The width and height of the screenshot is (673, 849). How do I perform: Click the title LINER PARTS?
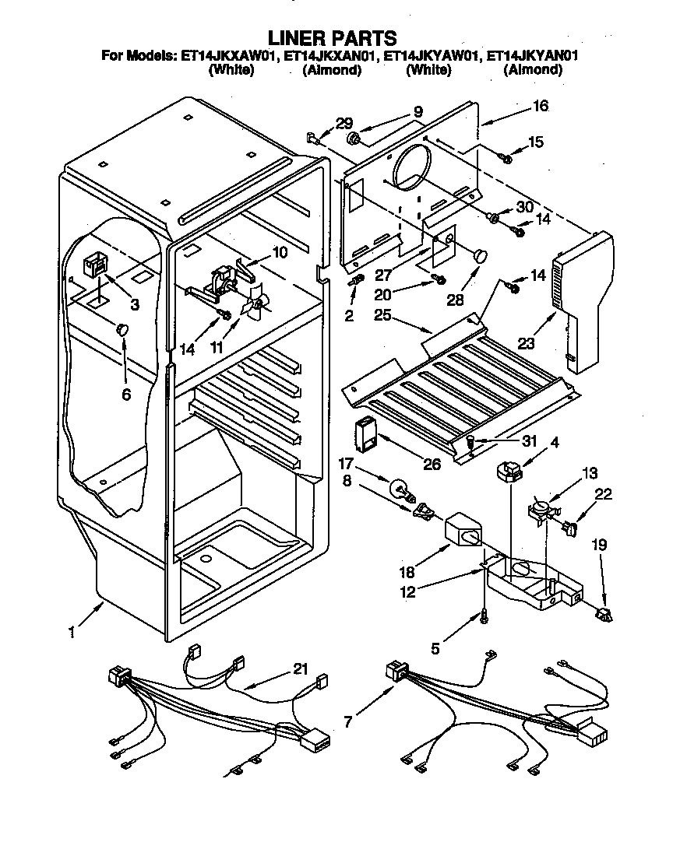coord(333,37)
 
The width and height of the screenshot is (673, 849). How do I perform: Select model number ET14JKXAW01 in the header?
coord(230,55)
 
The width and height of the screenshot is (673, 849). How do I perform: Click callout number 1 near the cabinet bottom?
coord(71,633)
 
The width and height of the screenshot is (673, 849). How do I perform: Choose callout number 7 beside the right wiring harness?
coord(348,721)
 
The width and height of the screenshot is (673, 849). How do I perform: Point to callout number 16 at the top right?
coord(540,106)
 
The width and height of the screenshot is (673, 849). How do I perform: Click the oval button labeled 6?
coord(124,330)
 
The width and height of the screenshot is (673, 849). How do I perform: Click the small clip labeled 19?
coord(603,614)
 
